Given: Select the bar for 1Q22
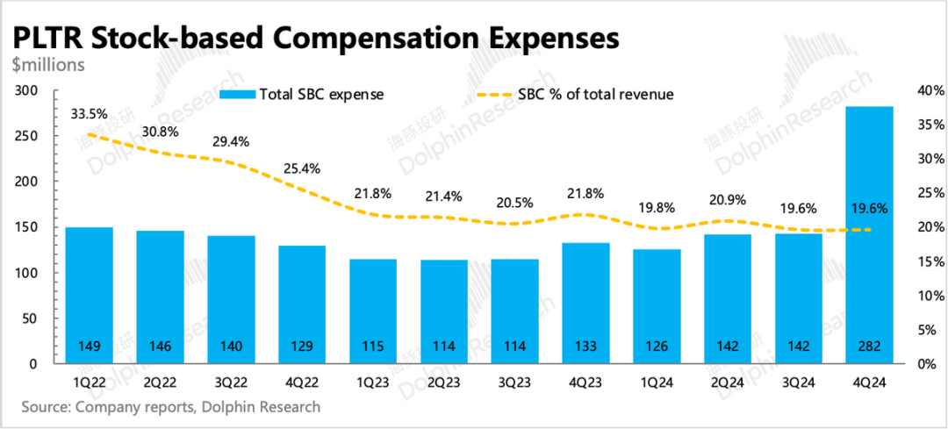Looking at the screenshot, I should [89, 295].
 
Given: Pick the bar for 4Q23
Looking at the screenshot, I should [585, 303].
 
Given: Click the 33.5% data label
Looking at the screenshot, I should [89, 113].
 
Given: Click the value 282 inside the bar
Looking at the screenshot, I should [869, 346].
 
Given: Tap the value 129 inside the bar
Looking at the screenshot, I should [302, 346].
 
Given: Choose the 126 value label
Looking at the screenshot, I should [657, 346].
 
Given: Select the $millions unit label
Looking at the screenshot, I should [48, 64].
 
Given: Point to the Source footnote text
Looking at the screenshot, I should [167, 407].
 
